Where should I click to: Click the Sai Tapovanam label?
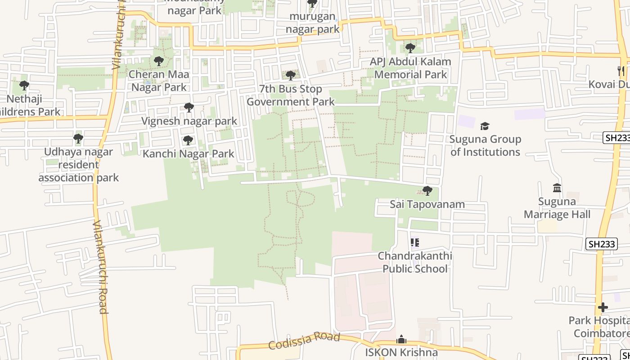click(x=427, y=204)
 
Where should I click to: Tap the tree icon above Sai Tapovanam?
click(x=427, y=191)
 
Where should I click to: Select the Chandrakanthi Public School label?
click(x=415, y=262)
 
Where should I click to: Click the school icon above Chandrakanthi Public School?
click(x=415, y=243)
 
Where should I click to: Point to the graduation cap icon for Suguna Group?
click(x=485, y=126)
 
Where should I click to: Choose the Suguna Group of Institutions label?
click(x=485, y=146)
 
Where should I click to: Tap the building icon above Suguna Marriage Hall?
click(x=557, y=188)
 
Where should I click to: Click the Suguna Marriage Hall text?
click(x=557, y=208)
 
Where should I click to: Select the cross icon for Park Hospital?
click(x=603, y=307)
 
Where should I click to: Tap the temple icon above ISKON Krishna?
click(x=401, y=339)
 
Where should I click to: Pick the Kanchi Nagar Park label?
click(x=189, y=154)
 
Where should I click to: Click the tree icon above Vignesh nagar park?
click(x=189, y=108)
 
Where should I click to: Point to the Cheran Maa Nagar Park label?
click(x=159, y=81)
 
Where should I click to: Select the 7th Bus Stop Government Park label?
click(x=291, y=95)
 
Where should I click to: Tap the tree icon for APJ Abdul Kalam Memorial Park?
click(x=410, y=48)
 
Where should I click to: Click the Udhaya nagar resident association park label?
click(x=78, y=165)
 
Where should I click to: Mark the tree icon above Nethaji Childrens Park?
click(x=24, y=85)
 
